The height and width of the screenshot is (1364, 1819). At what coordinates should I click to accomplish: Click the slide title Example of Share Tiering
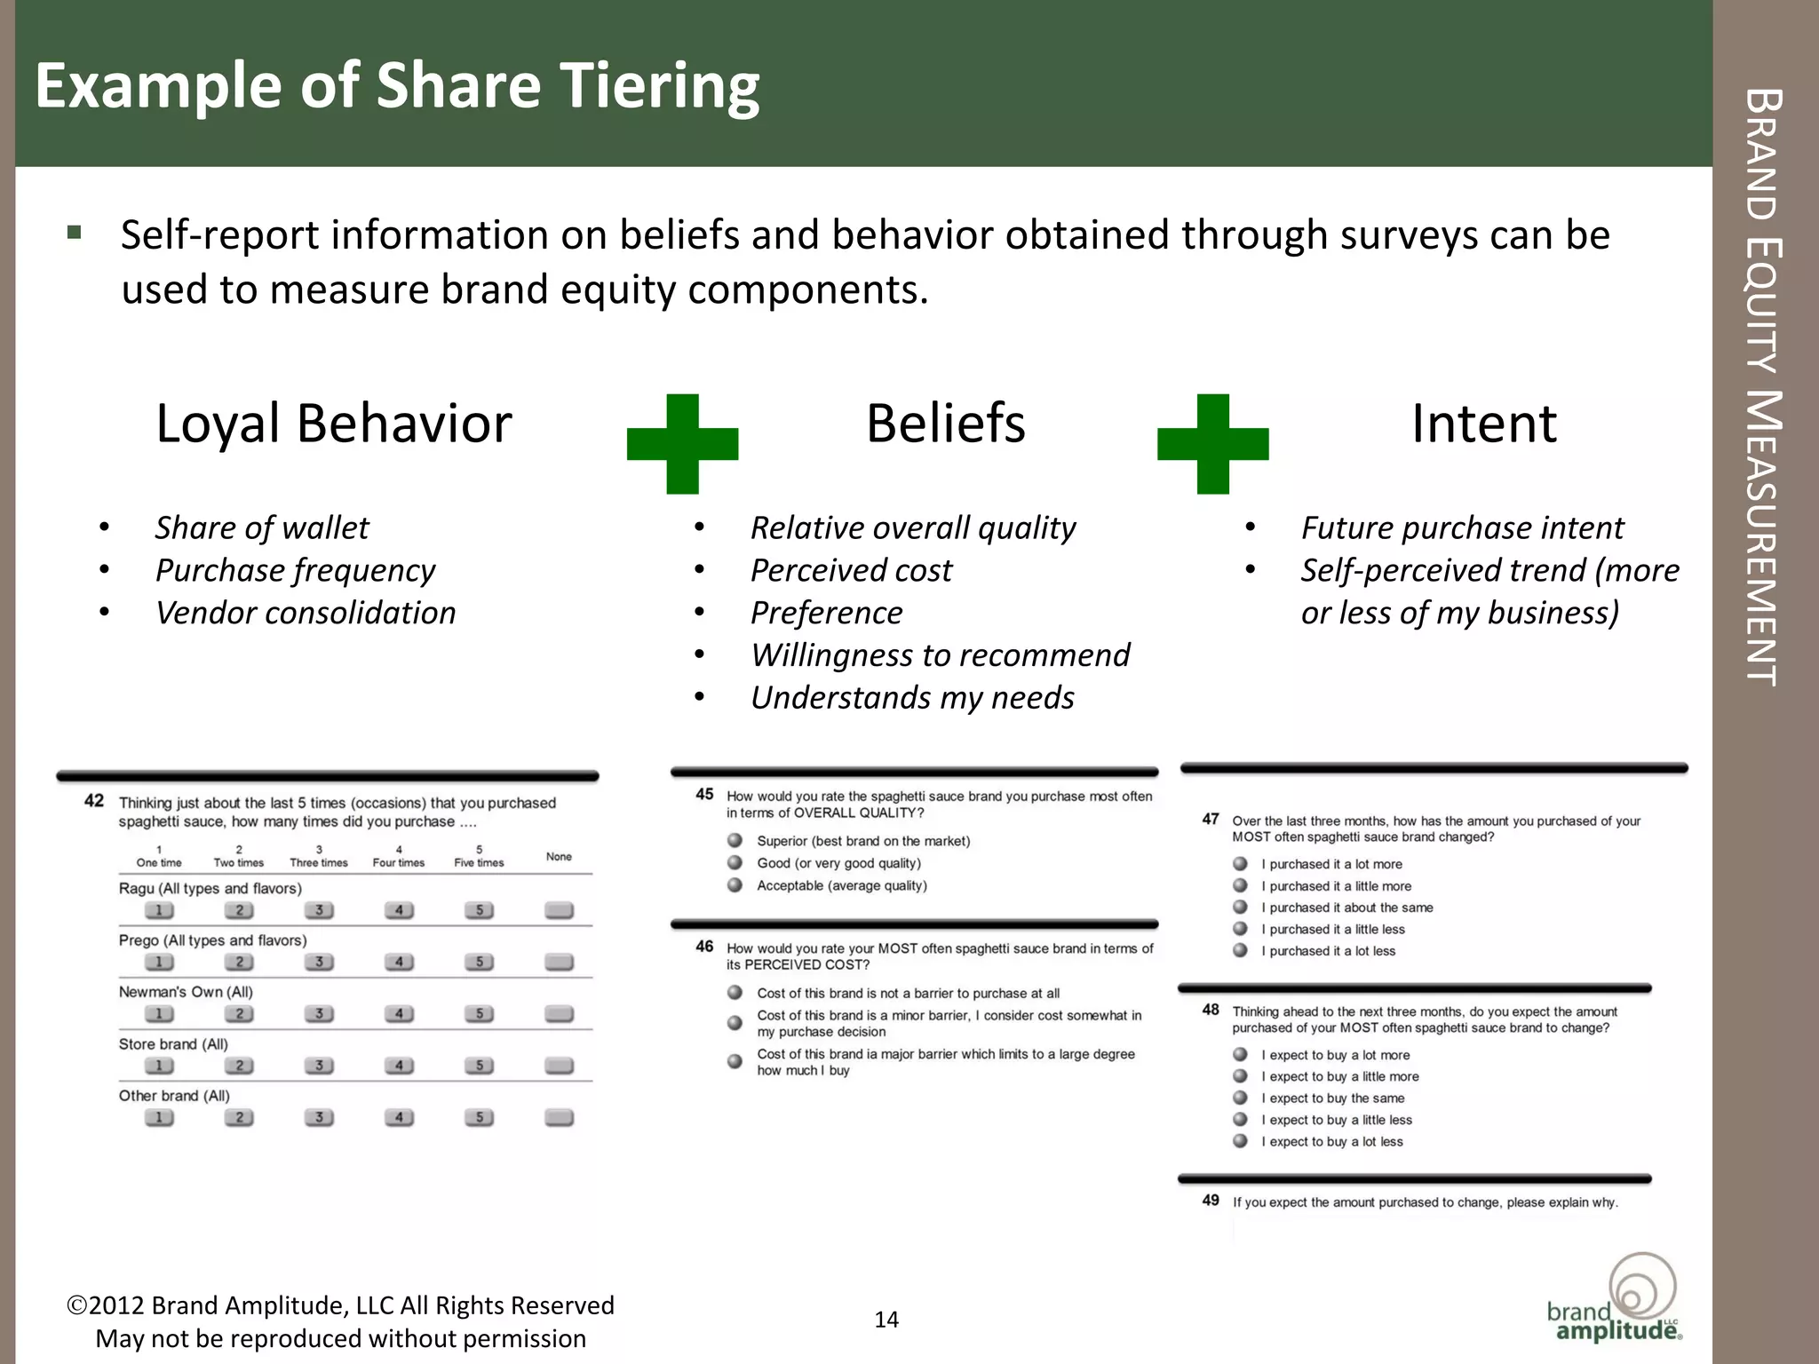[397, 86]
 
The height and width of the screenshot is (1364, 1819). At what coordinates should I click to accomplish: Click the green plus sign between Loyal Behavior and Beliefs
[682, 443]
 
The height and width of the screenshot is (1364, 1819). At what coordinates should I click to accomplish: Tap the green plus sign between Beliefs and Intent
[1212, 443]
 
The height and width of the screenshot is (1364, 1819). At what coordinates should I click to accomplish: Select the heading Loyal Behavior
[334, 424]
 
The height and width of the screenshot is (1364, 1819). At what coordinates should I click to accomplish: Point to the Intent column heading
[1483, 424]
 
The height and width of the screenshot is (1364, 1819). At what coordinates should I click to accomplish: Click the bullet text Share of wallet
[262, 528]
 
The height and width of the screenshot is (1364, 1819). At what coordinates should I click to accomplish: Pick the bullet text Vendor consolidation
[306, 614]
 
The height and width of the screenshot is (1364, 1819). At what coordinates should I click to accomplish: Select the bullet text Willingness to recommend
[940, 655]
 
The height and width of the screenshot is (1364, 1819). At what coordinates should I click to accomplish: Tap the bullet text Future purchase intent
[1462, 528]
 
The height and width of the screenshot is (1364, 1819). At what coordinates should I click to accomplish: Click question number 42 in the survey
[94, 801]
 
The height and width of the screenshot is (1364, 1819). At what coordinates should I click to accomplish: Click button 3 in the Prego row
[319, 962]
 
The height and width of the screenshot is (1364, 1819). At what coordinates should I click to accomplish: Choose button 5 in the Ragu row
[479, 910]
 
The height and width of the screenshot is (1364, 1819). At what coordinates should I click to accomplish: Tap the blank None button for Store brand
[559, 1066]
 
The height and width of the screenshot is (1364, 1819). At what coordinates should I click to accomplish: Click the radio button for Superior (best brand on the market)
[735, 840]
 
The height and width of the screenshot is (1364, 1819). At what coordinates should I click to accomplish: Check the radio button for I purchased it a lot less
[1241, 950]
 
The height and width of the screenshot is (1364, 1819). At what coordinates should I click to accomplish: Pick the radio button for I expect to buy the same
[1241, 1098]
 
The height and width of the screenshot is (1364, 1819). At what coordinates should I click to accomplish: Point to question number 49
[1211, 1201]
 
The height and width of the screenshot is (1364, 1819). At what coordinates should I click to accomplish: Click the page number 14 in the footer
[886, 1320]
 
